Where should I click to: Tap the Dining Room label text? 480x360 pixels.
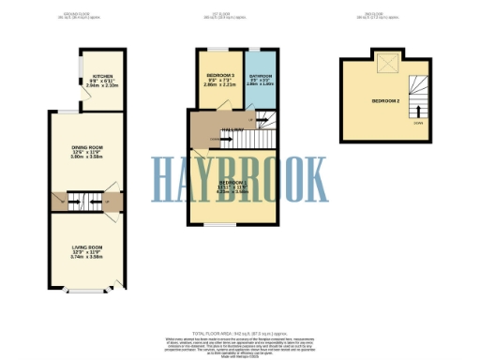(85, 146)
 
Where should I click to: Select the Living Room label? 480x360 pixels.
(85, 247)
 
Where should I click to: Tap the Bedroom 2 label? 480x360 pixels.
(385, 99)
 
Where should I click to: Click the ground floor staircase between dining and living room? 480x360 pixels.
(85, 200)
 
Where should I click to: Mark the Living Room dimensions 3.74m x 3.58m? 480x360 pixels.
(85, 257)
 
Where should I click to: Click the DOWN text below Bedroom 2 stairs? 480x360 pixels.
(418, 123)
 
